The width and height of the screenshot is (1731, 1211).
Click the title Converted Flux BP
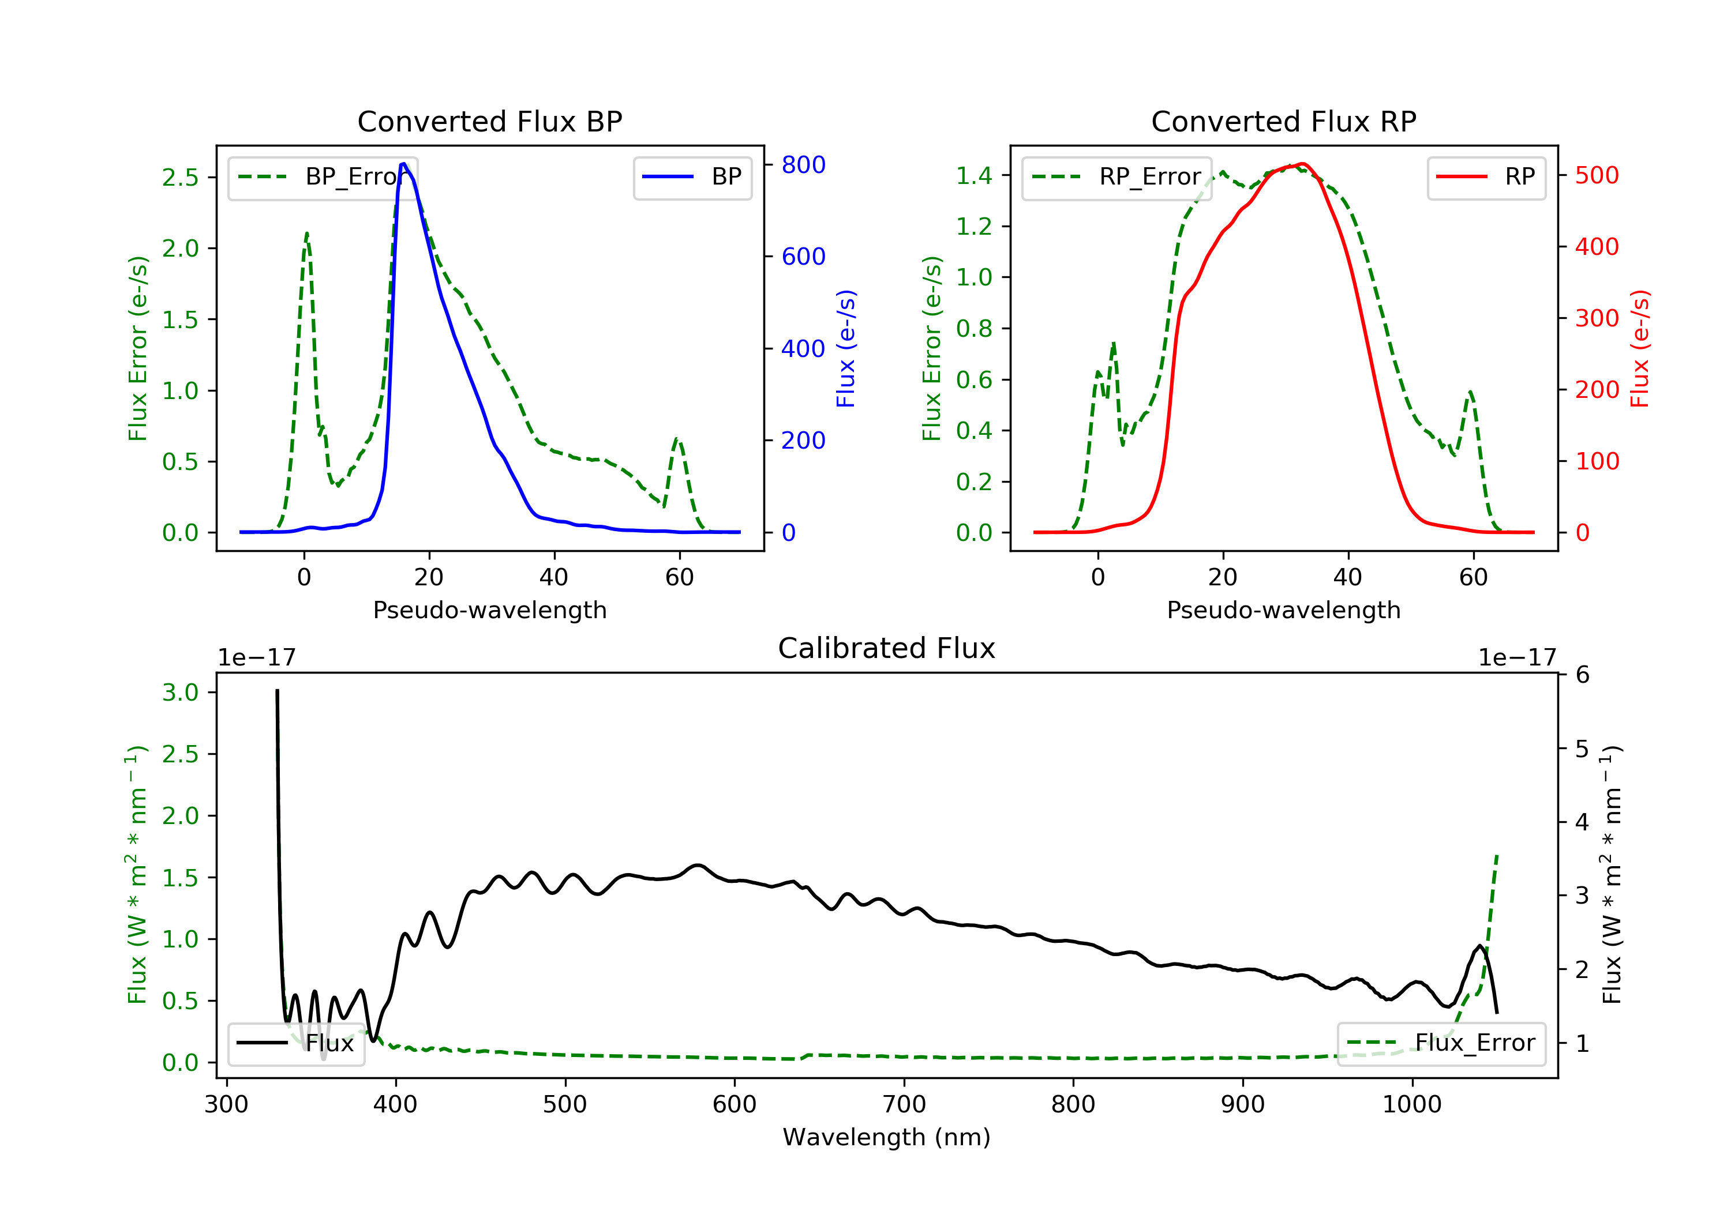tap(489, 121)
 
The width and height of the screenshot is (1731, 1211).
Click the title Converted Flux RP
tap(1283, 121)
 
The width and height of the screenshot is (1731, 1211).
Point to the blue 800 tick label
tap(803, 165)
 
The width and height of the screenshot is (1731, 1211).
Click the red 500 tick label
tap(1597, 175)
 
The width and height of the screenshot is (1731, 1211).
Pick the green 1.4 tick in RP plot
tap(974, 175)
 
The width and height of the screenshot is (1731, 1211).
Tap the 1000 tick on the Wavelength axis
tap(1411, 1105)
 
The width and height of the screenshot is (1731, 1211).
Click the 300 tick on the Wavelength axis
tap(226, 1105)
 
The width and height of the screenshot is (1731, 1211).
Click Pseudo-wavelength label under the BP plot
tap(489, 610)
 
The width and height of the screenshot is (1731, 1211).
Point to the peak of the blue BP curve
tap(403, 164)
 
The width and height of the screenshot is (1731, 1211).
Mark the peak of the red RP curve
tap(1302, 164)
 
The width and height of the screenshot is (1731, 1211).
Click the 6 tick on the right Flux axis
tap(1583, 675)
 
